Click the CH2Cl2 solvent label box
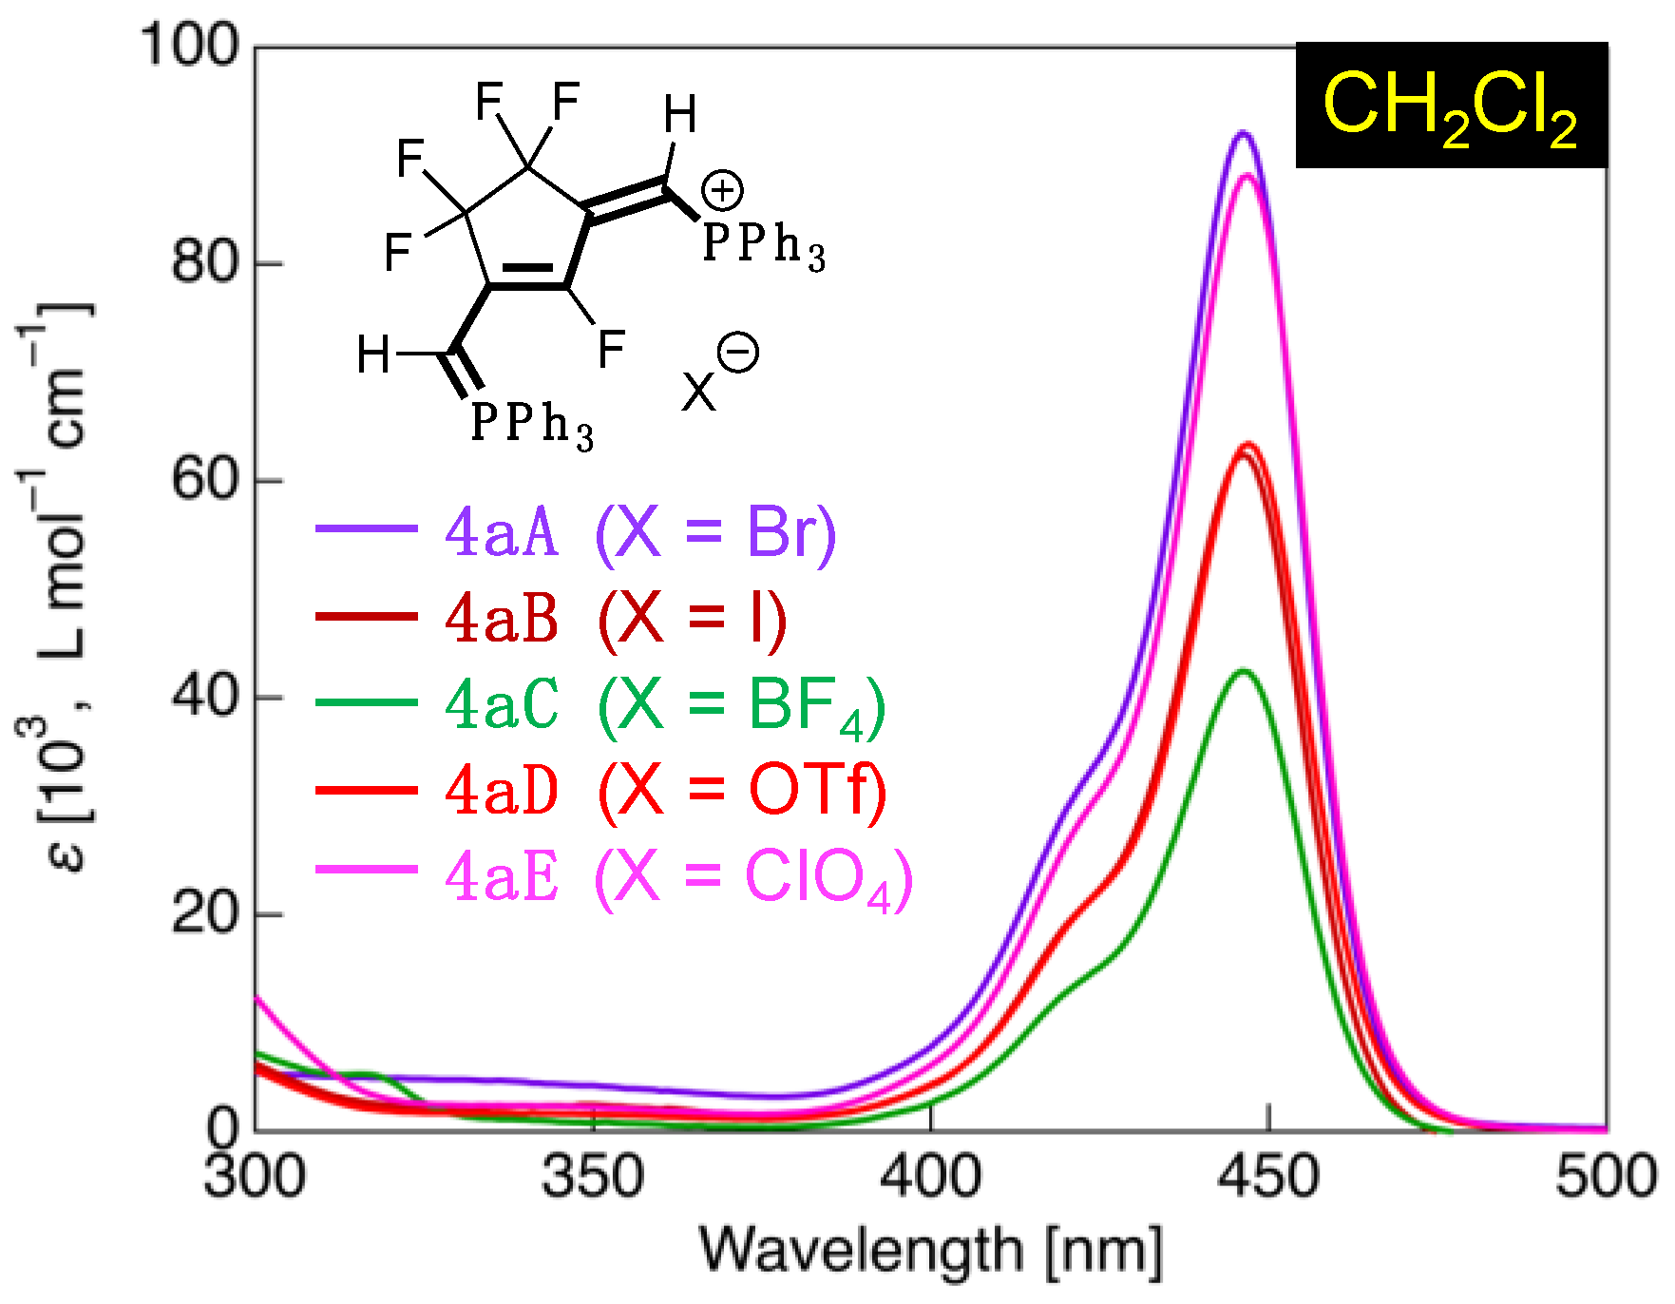pyautogui.click(x=1451, y=105)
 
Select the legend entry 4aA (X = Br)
pyautogui.click(x=640, y=531)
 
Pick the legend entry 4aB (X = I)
pyautogui.click(x=616, y=618)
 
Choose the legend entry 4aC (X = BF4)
pyautogui.click(x=665, y=705)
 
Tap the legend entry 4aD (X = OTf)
pyautogui.click(x=665, y=791)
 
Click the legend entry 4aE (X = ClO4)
pyautogui.click(x=678, y=876)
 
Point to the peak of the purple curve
pyautogui.click(x=1242, y=133)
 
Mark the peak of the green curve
pyautogui.click(x=1243, y=671)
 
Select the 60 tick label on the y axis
pyautogui.click(x=203, y=479)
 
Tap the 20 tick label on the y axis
pyautogui.click(x=203, y=913)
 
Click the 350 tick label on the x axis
pyautogui.click(x=592, y=1177)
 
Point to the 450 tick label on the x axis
pyautogui.click(x=1269, y=1177)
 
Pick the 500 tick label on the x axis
pyautogui.click(x=1606, y=1177)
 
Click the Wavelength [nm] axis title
pyautogui.click(x=930, y=1251)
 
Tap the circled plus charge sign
pyautogui.click(x=722, y=191)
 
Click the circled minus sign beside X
pyautogui.click(x=738, y=353)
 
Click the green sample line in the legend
pyautogui.click(x=367, y=703)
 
